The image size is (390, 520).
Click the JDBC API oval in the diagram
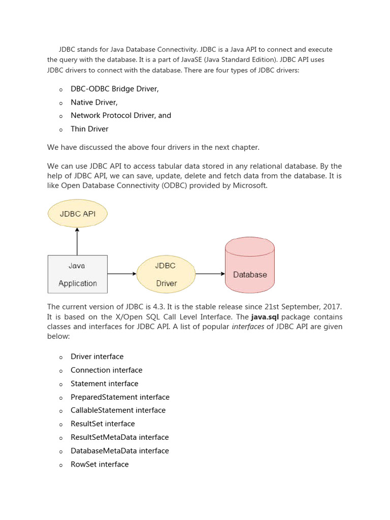coord(78,213)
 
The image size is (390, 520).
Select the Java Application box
coord(78,274)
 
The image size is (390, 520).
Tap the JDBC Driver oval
coord(166,274)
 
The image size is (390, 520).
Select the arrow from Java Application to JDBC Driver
coord(122,274)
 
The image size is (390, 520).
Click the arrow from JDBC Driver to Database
coord(210,274)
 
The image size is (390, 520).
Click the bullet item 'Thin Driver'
coord(89,129)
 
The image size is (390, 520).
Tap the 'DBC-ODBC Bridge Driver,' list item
coord(115,89)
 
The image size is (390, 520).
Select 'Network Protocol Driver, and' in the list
coord(121,115)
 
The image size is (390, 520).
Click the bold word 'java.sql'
coord(265,317)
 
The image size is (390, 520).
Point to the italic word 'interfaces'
coord(248,327)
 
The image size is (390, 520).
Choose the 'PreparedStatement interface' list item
coord(120,397)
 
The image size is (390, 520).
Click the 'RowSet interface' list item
coord(100,464)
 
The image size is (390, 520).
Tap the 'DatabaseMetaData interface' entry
coord(120,451)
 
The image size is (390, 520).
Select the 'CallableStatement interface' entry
coord(118,410)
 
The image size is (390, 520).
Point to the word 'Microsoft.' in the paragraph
coord(250,185)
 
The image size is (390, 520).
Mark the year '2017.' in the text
coord(333,307)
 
